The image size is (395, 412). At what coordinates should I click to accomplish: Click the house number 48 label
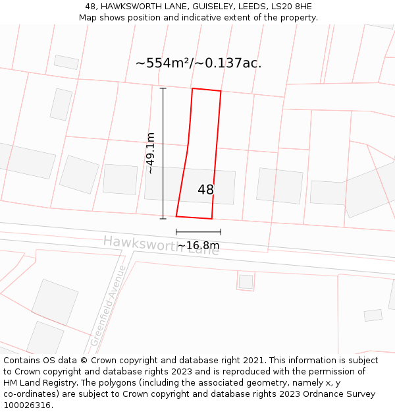[x=205, y=190]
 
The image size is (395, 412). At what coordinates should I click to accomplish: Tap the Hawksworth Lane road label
[x=161, y=245]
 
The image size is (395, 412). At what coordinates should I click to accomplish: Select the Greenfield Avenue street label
[x=108, y=306]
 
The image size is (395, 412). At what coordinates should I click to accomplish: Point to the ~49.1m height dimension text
[x=150, y=153]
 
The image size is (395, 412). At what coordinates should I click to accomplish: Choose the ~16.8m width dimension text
[x=198, y=246]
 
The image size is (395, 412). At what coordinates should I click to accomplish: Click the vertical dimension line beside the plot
[x=163, y=153]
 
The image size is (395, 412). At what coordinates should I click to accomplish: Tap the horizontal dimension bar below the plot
[x=198, y=231]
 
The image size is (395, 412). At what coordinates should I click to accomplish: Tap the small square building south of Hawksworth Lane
[x=246, y=281]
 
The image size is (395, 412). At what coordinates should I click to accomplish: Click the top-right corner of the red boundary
[x=221, y=91]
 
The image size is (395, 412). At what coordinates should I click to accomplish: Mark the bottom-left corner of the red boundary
[x=176, y=216]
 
